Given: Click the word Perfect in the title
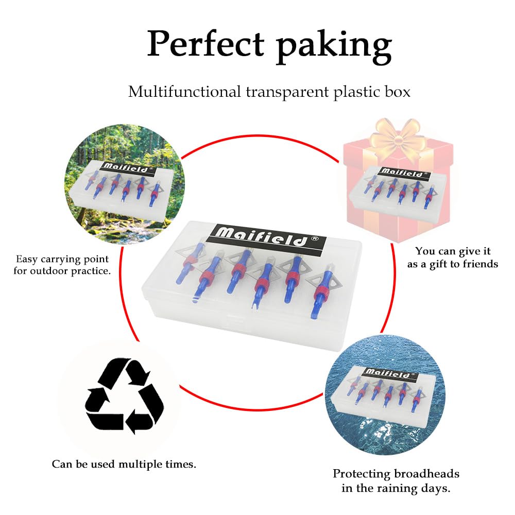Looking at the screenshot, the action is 205,44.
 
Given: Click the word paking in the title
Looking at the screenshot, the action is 334,47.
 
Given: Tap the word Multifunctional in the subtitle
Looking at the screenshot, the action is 184,92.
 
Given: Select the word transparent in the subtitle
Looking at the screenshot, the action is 287,92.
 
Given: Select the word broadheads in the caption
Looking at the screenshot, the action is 426,474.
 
